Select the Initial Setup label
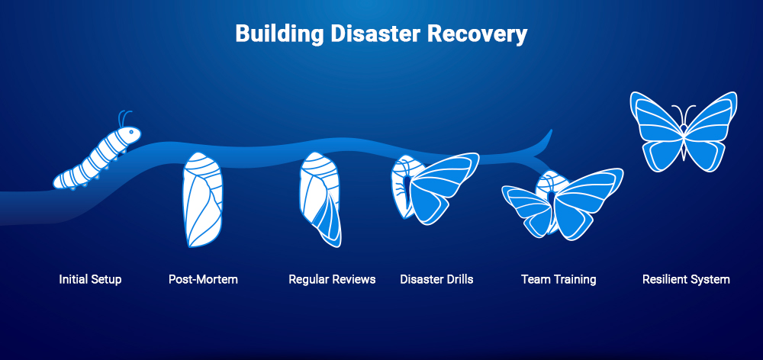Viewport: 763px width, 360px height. click(x=90, y=279)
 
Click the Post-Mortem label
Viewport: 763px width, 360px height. click(x=203, y=279)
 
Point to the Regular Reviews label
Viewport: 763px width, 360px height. click(x=332, y=279)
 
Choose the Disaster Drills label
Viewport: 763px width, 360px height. click(x=436, y=279)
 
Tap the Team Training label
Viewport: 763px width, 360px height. click(x=559, y=279)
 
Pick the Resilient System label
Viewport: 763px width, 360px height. click(x=686, y=279)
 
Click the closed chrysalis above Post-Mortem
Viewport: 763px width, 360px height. click(x=202, y=199)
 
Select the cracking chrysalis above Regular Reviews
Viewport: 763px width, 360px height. click(x=319, y=198)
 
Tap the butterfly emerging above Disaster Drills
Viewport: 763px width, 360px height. click(x=431, y=188)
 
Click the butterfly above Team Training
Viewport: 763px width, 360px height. click(x=561, y=201)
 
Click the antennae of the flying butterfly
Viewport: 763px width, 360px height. click(x=684, y=113)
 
